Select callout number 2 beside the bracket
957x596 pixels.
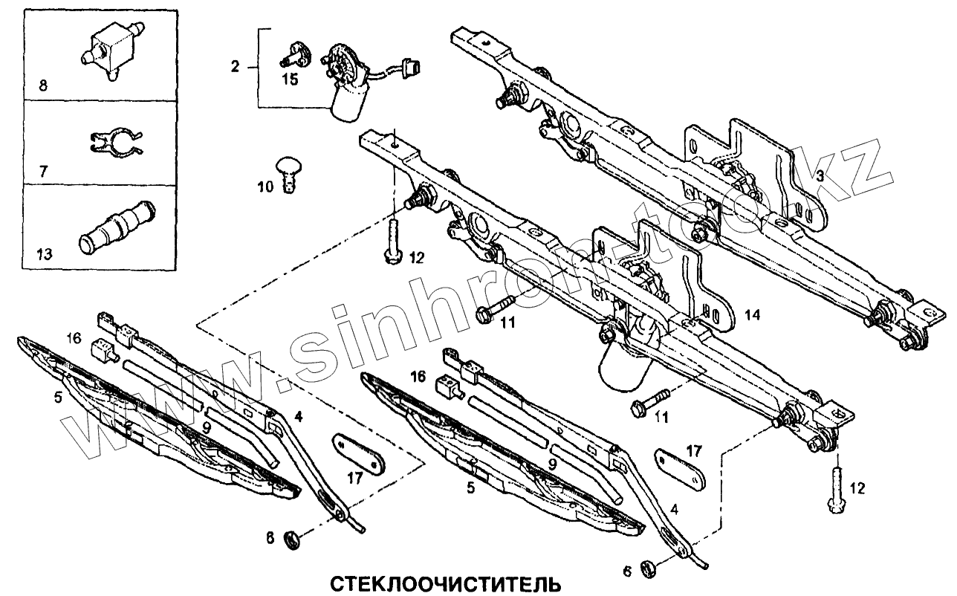tap(235, 67)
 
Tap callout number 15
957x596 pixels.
tap(290, 79)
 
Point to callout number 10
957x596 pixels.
tap(266, 187)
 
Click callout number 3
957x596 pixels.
tap(819, 177)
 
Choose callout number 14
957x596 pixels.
tap(753, 316)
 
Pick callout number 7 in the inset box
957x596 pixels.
tap(43, 171)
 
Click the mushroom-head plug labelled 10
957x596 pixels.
tap(288, 172)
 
